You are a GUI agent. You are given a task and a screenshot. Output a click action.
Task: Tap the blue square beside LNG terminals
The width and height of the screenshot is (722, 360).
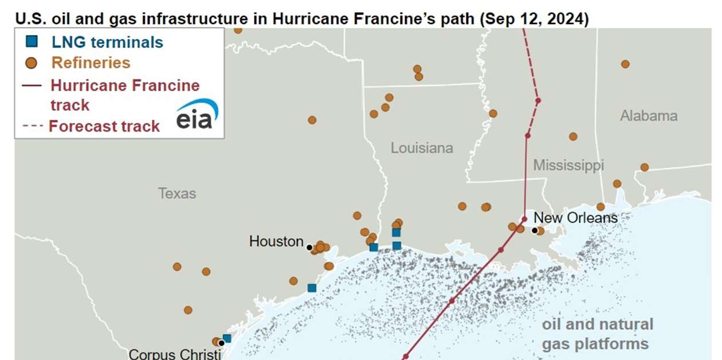coord(32,42)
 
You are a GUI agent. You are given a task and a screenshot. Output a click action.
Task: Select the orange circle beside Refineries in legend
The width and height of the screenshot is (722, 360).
coord(32,62)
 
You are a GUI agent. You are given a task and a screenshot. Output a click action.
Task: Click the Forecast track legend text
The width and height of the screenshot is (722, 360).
coord(104,126)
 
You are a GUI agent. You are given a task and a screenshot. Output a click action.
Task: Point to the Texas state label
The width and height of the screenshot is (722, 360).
coord(177,193)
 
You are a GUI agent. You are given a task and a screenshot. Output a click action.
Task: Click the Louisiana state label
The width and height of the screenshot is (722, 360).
coord(422,148)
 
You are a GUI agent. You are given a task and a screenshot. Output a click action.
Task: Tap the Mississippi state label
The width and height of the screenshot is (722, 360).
coord(568,166)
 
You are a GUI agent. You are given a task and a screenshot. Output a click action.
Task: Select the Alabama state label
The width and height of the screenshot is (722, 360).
coord(649,116)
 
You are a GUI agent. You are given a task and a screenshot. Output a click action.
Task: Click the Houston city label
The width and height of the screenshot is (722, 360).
coord(276,241)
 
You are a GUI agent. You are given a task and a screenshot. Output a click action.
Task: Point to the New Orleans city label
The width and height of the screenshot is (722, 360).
coord(575,218)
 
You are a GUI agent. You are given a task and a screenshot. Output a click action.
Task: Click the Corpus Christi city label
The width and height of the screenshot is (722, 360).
coord(175,354)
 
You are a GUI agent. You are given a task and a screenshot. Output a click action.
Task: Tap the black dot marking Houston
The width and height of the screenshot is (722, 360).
coord(309,248)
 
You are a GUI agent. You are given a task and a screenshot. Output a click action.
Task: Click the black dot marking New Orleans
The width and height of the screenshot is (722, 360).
coord(535,230)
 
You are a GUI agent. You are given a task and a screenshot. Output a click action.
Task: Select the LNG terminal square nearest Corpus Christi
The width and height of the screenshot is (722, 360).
coord(227,338)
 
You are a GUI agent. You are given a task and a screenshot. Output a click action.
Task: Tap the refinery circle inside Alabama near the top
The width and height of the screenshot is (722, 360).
coord(625,64)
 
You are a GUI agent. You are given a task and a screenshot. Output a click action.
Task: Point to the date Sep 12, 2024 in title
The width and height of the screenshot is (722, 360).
coord(533,18)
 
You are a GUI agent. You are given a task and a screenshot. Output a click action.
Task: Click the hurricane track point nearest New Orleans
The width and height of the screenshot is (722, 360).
coord(524,219)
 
